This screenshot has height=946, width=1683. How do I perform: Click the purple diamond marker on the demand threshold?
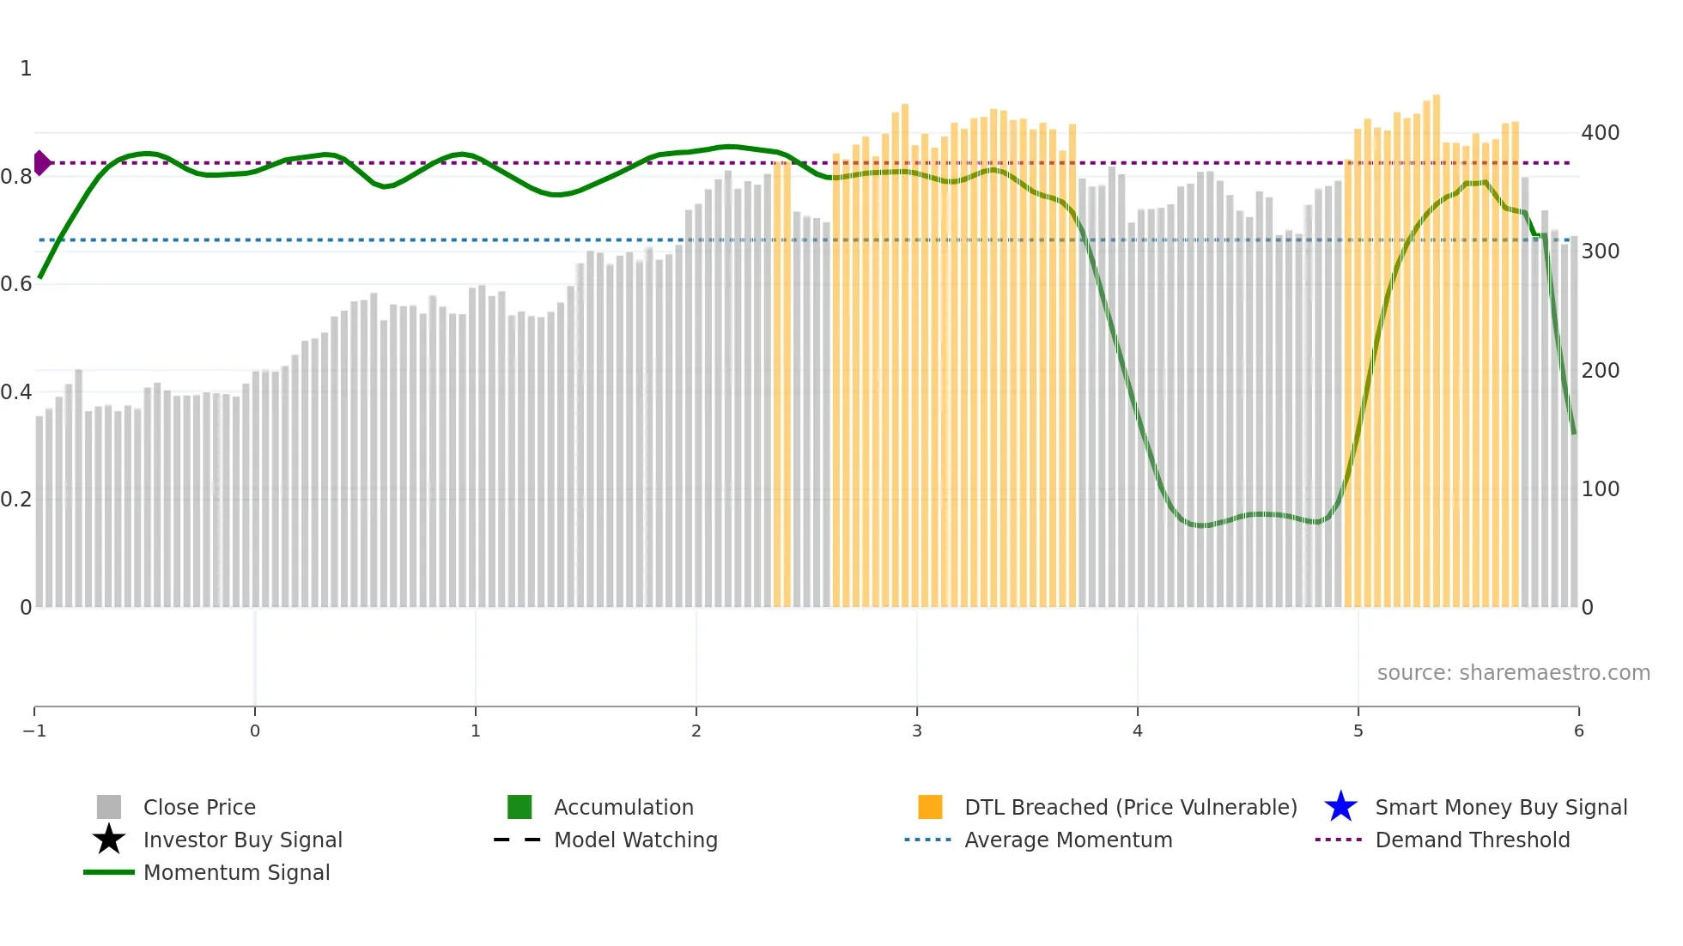coord(42,162)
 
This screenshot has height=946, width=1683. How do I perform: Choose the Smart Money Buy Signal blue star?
coord(1340,807)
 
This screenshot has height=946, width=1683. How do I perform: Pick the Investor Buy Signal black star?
coord(109,840)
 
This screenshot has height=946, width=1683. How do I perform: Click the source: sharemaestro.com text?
coord(1513,672)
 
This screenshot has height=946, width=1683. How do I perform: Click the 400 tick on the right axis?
coord(1600,133)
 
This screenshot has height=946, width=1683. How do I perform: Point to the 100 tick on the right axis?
coord(1600,489)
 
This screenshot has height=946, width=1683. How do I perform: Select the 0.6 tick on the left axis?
coord(16,284)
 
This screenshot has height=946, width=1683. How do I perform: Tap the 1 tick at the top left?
coord(26,69)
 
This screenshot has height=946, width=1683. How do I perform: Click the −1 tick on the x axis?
coord(34,731)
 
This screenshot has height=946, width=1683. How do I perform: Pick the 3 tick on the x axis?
coord(917,731)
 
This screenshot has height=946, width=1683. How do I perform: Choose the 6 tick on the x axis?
coord(1578,731)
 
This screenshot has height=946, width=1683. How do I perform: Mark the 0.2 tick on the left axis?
coord(16,500)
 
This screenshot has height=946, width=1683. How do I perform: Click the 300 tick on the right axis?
coord(1600,252)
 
